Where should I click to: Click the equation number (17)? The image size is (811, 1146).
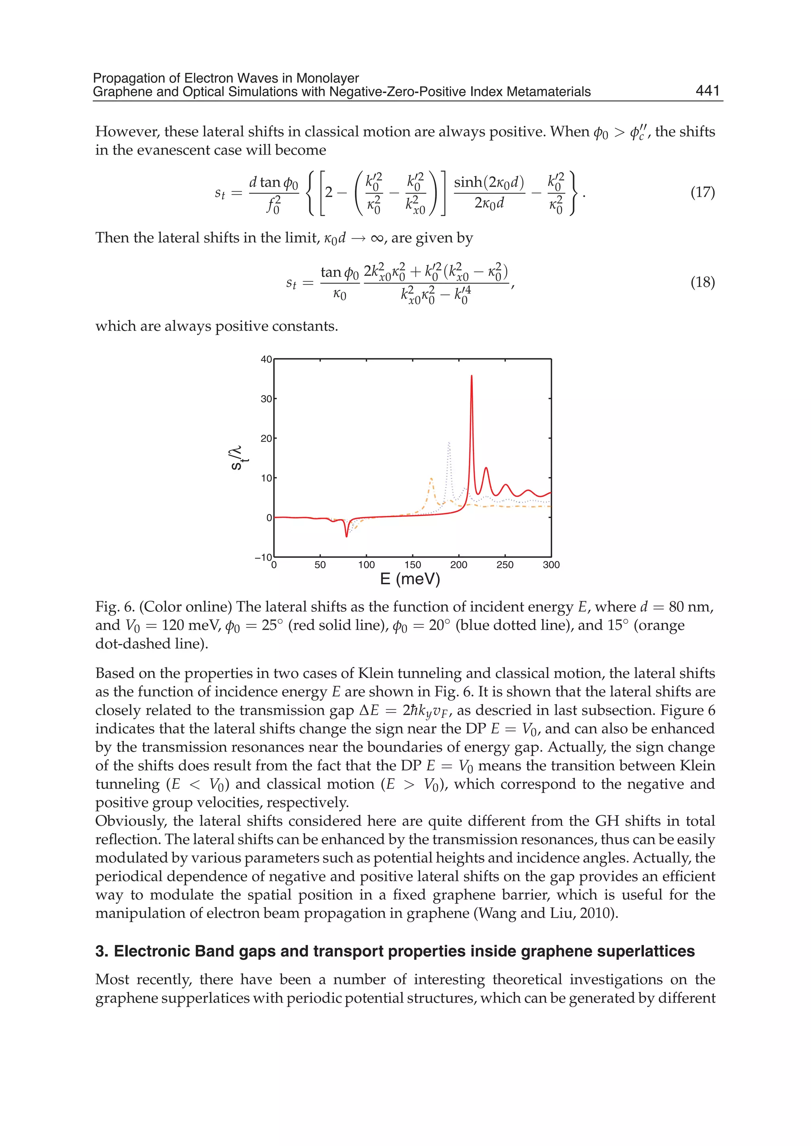702,193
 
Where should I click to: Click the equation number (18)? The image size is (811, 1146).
702,283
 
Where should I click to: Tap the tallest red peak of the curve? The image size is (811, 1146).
471,377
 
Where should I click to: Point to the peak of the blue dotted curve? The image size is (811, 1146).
449,443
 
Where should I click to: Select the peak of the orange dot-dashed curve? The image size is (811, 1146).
431,479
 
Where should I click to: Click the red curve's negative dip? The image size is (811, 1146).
346,536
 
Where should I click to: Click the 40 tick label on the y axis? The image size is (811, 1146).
266,359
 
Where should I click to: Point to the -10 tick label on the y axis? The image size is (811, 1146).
264,557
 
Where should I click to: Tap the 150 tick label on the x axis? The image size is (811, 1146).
413,565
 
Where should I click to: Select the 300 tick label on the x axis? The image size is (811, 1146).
551,565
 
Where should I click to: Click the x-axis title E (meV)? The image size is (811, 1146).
410,579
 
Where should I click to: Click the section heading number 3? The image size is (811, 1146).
101,951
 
